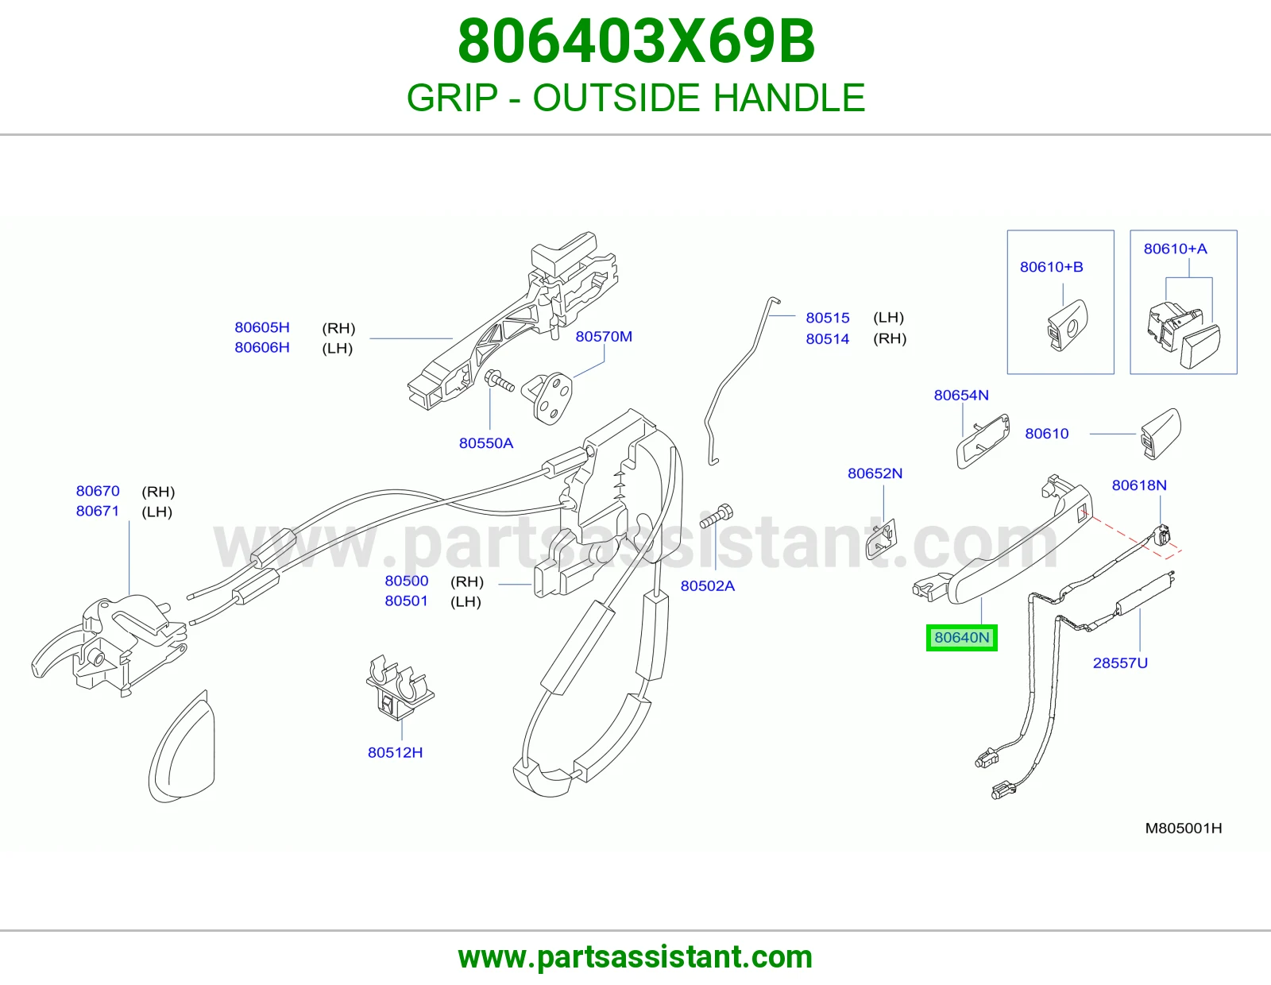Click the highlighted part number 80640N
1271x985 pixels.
point(961,637)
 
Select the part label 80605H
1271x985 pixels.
point(262,327)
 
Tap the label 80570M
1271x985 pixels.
point(604,336)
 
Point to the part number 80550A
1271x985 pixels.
point(486,442)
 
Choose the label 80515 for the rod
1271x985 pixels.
point(827,318)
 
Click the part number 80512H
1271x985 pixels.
point(395,752)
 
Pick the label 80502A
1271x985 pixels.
point(707,585)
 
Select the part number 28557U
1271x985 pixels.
point(1120,662)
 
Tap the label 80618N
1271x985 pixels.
point(1139,485)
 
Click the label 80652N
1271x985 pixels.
point(875,473)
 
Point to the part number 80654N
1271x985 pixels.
point(961,395)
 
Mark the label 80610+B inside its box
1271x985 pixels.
point(1051,267)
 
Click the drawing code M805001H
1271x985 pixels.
point(1184,828)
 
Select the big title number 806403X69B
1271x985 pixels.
point(635,41)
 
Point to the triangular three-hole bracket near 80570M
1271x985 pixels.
point(547,396)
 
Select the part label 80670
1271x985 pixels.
point(98,491)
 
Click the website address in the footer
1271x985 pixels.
point(635,957)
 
